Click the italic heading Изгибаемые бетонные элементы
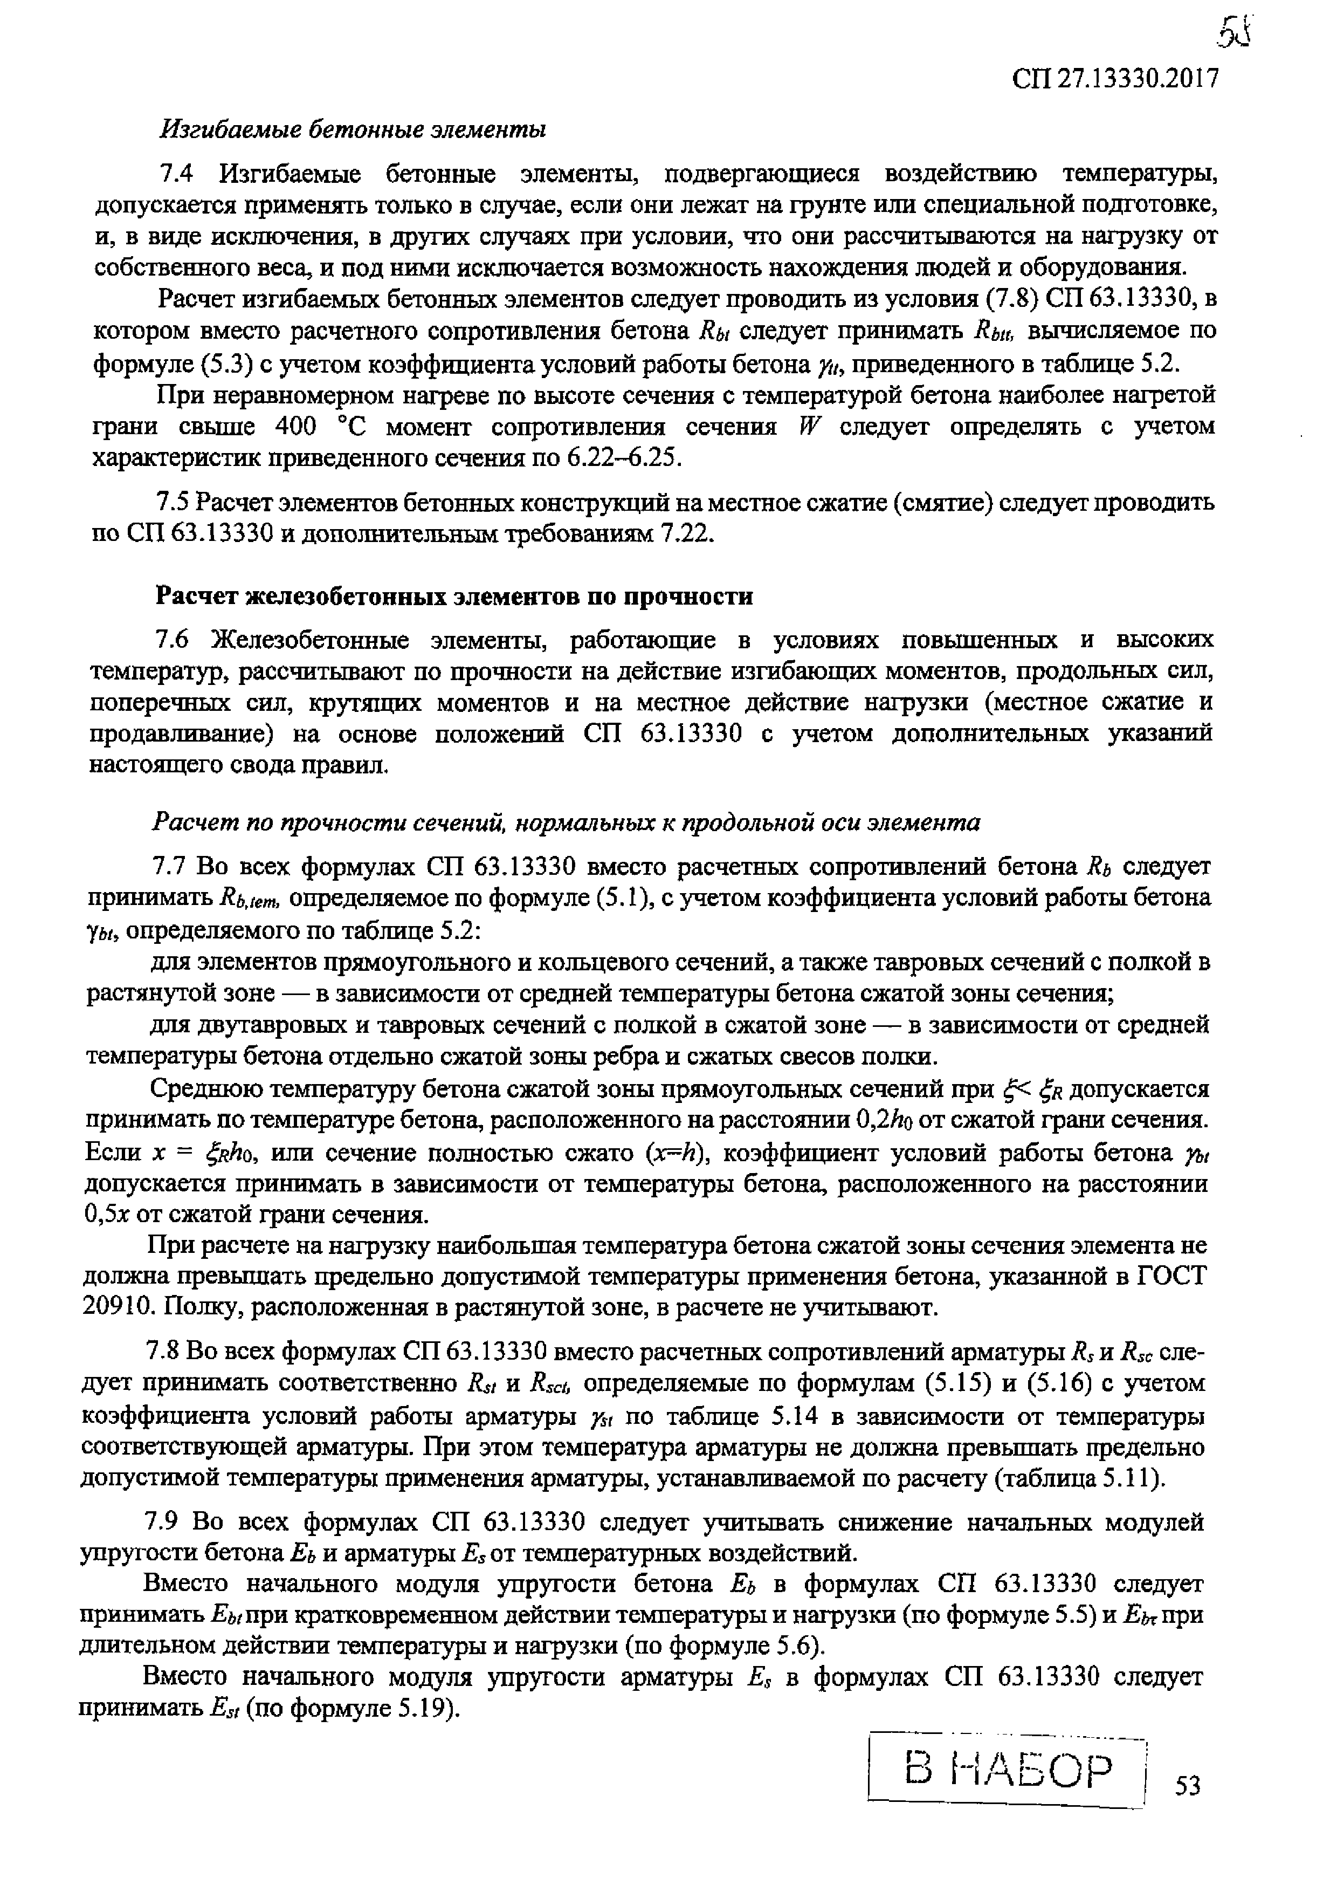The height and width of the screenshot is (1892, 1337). [x=354, y=128]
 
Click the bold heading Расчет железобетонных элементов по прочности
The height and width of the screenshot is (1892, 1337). [x=454, y=596]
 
